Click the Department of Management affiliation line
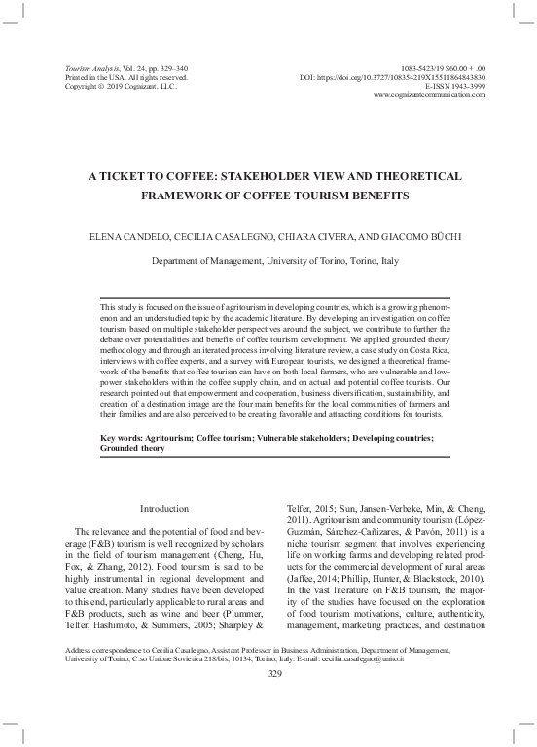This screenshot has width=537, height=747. click(x=275, y=261)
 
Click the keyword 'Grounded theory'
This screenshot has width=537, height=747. click(x=133, y=450)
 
